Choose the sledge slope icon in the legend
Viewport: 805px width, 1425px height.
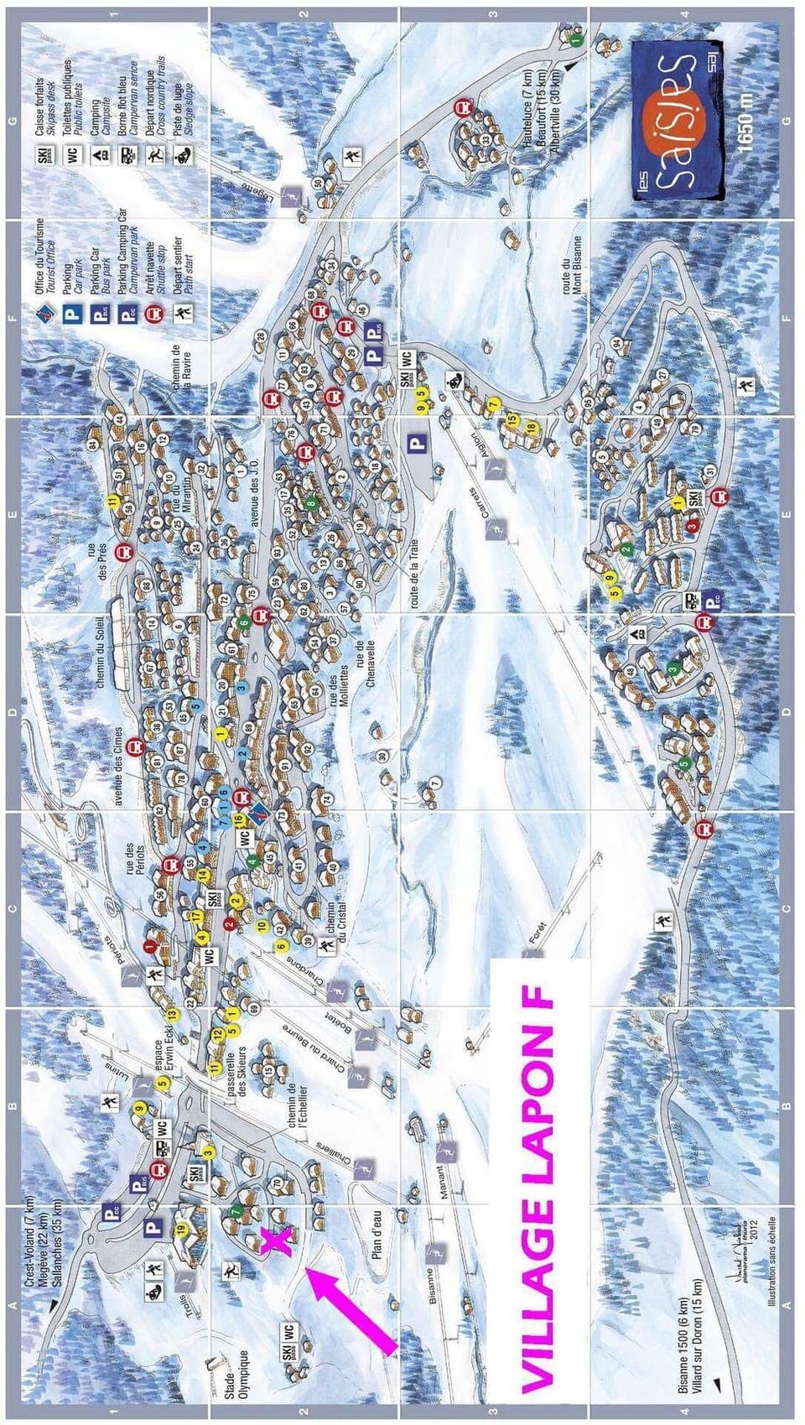coord(183,154)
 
